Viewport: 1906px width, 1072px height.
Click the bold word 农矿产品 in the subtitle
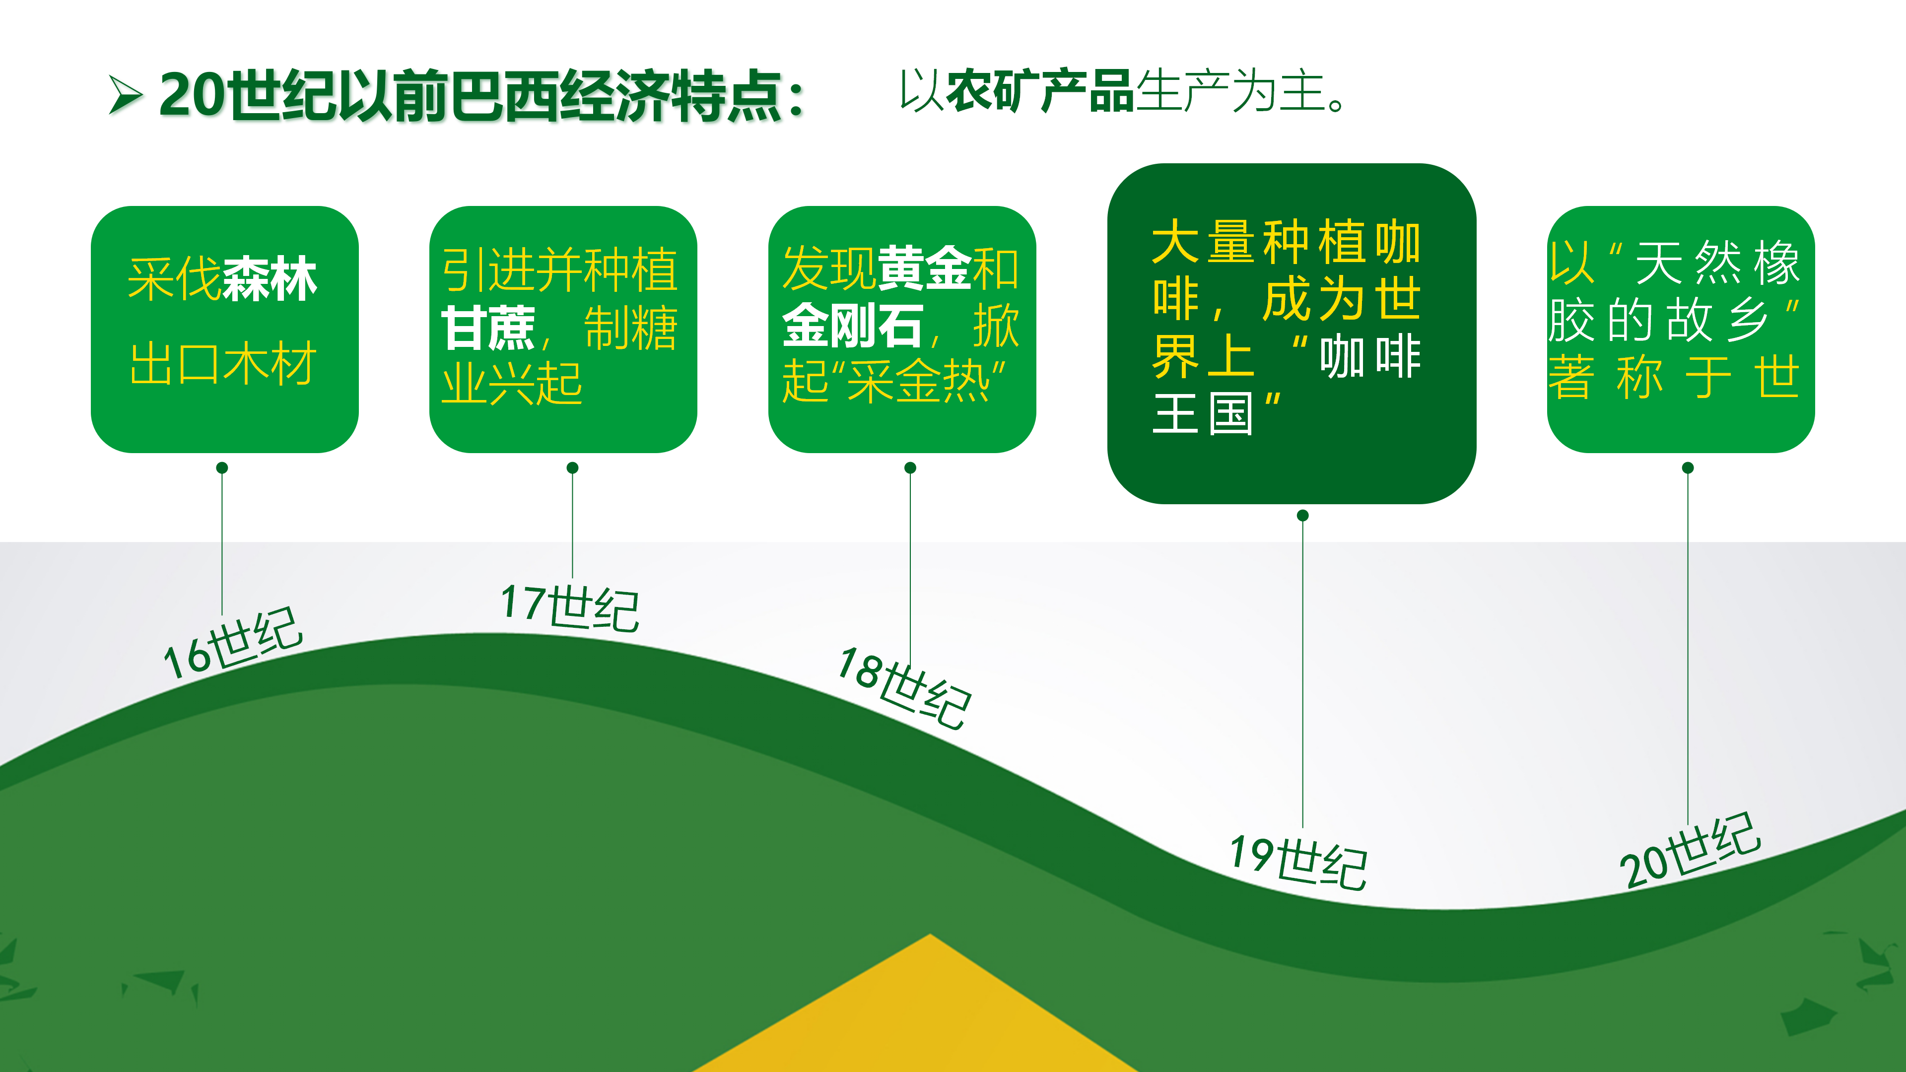[x=1039, y=92]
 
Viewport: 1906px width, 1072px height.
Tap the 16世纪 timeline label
[x=232, y=643]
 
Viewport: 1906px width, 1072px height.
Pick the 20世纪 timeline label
[x=1690, y=850]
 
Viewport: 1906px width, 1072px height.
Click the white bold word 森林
[x=270, y=279]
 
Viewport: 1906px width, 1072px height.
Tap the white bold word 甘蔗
[x=488, y=327]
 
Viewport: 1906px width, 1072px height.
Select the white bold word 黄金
[x=925, y=268]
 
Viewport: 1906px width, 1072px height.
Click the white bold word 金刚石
[x=852, y=326]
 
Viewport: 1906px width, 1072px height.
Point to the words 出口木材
[x=223, y=364]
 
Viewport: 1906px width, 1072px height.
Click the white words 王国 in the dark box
[x=1202, y=414]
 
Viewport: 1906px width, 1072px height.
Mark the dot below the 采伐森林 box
[x=222, y=468]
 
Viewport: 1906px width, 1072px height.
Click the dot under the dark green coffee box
[x=1303, y=515]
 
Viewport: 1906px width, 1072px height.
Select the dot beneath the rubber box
[x=1688, y=468]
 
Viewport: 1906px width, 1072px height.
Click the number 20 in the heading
[x=191, y=95]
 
